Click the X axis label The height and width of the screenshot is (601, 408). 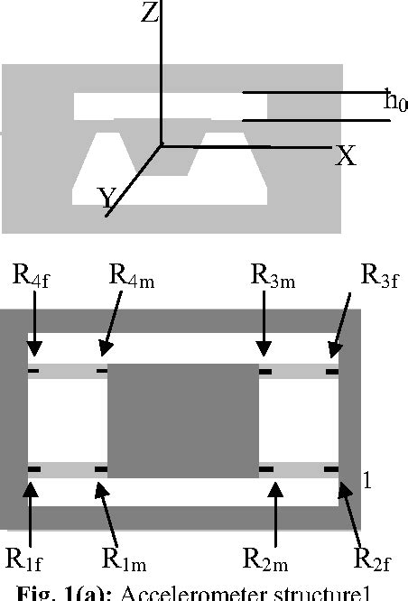pos(345,157)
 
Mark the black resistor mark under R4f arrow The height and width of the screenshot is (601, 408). pos(34,370)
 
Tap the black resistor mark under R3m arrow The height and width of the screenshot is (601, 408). pos(265,370)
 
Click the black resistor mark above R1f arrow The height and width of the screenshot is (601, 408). pos(34,469)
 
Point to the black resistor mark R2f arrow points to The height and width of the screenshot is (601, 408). pos(331,469)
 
